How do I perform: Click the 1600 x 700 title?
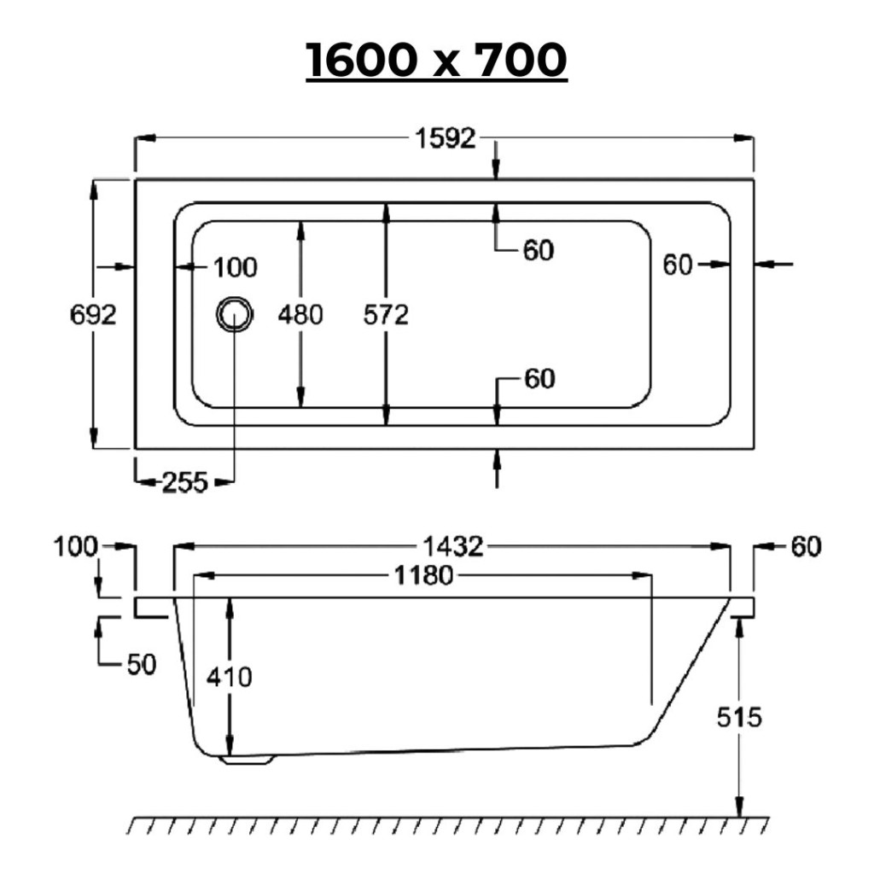tap(436, 60)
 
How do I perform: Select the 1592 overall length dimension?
tap(446, 138)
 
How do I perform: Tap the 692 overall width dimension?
tap(93, 315)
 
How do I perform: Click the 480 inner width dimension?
tap(300, 315)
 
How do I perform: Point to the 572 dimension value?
tap(386, 316)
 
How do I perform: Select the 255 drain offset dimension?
tap(185, 482)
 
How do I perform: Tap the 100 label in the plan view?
tap(236, 267)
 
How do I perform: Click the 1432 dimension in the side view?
tap(452, 547)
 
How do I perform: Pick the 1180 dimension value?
tap(423, 575)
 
